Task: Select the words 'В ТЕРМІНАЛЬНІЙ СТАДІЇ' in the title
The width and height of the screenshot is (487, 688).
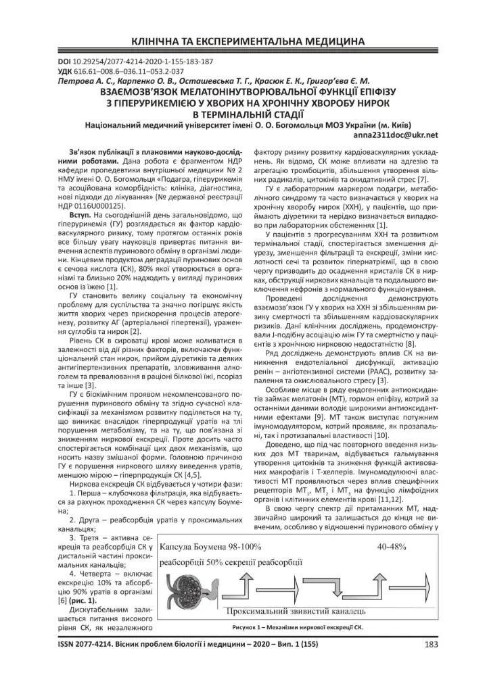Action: point(243,113)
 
